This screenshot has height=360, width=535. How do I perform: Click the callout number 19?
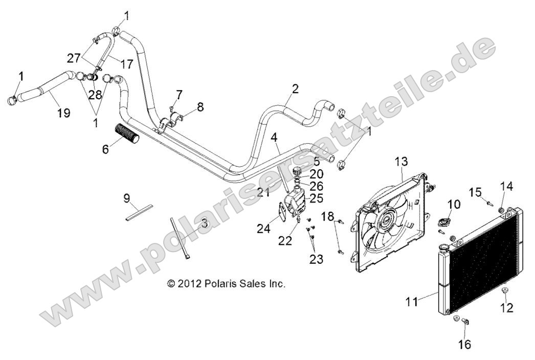63,112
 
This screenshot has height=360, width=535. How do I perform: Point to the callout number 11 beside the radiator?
412,302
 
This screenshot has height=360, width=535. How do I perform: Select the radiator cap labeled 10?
454,222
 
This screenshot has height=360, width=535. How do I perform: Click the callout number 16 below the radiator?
464,344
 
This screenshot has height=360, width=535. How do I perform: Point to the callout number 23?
316,259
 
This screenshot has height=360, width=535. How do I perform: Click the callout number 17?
126,64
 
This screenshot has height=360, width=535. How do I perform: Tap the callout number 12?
507,308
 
